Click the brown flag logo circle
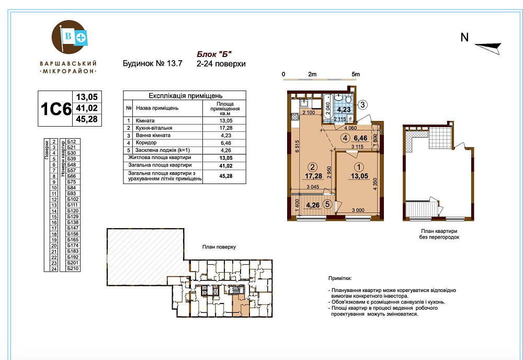click(x=69, y=37)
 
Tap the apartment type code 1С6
click(x=56, y=109)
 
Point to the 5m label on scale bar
click(x=356, y=74)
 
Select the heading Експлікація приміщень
click(x=186, y=96)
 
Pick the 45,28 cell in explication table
click(x=226, y=176)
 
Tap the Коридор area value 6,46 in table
click(x=226, y=143)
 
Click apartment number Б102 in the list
click(x=73, y=199)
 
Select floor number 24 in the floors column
click(x=54, y=268)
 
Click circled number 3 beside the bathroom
click(x=362, y=105)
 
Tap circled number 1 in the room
click(x=359, y=167)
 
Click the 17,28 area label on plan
click(x=313, y=176)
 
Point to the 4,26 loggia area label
click(x=313, y=205)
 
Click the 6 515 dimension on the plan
click(x=297, y=146)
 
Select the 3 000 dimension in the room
click(x=358, y=210)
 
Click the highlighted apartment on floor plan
click(x=241, y=305)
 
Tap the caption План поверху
click(x=219, y=247)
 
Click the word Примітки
click(x=340, y=278)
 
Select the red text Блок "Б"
click(x=214, y=54)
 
